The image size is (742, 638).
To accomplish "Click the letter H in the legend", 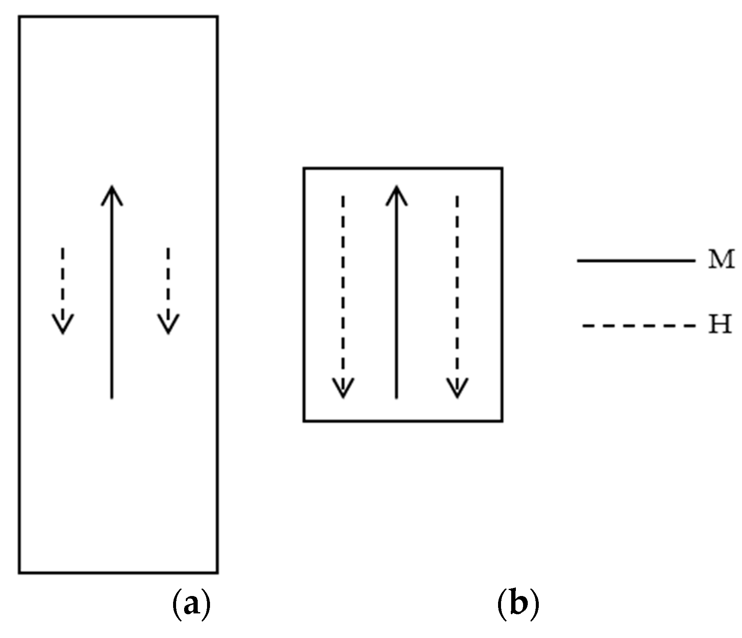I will pyautogui.click(x=720, y=325).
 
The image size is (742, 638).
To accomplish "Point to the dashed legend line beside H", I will pyautogui.click(x=638, y=326).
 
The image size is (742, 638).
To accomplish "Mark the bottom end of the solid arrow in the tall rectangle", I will pyautogui.click(x=112, y=397).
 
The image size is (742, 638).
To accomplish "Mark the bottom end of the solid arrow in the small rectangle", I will pyautogui.click(x=396, y=397).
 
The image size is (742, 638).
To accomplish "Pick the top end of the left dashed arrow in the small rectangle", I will pyautogui.click(x=343, y=196).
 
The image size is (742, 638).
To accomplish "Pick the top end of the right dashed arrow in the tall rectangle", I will pyautogui.click(x=168, y=248).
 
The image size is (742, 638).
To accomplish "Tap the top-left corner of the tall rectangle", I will pyautogui.click(x=19, y=17).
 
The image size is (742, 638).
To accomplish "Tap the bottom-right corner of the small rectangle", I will pyautogui.click(x=502, y=421).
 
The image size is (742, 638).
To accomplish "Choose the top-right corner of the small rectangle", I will pyautogui.click(x=502, y=168).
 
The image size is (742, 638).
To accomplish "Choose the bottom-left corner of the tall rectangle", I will pyautogui.click(x=19, y=573).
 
